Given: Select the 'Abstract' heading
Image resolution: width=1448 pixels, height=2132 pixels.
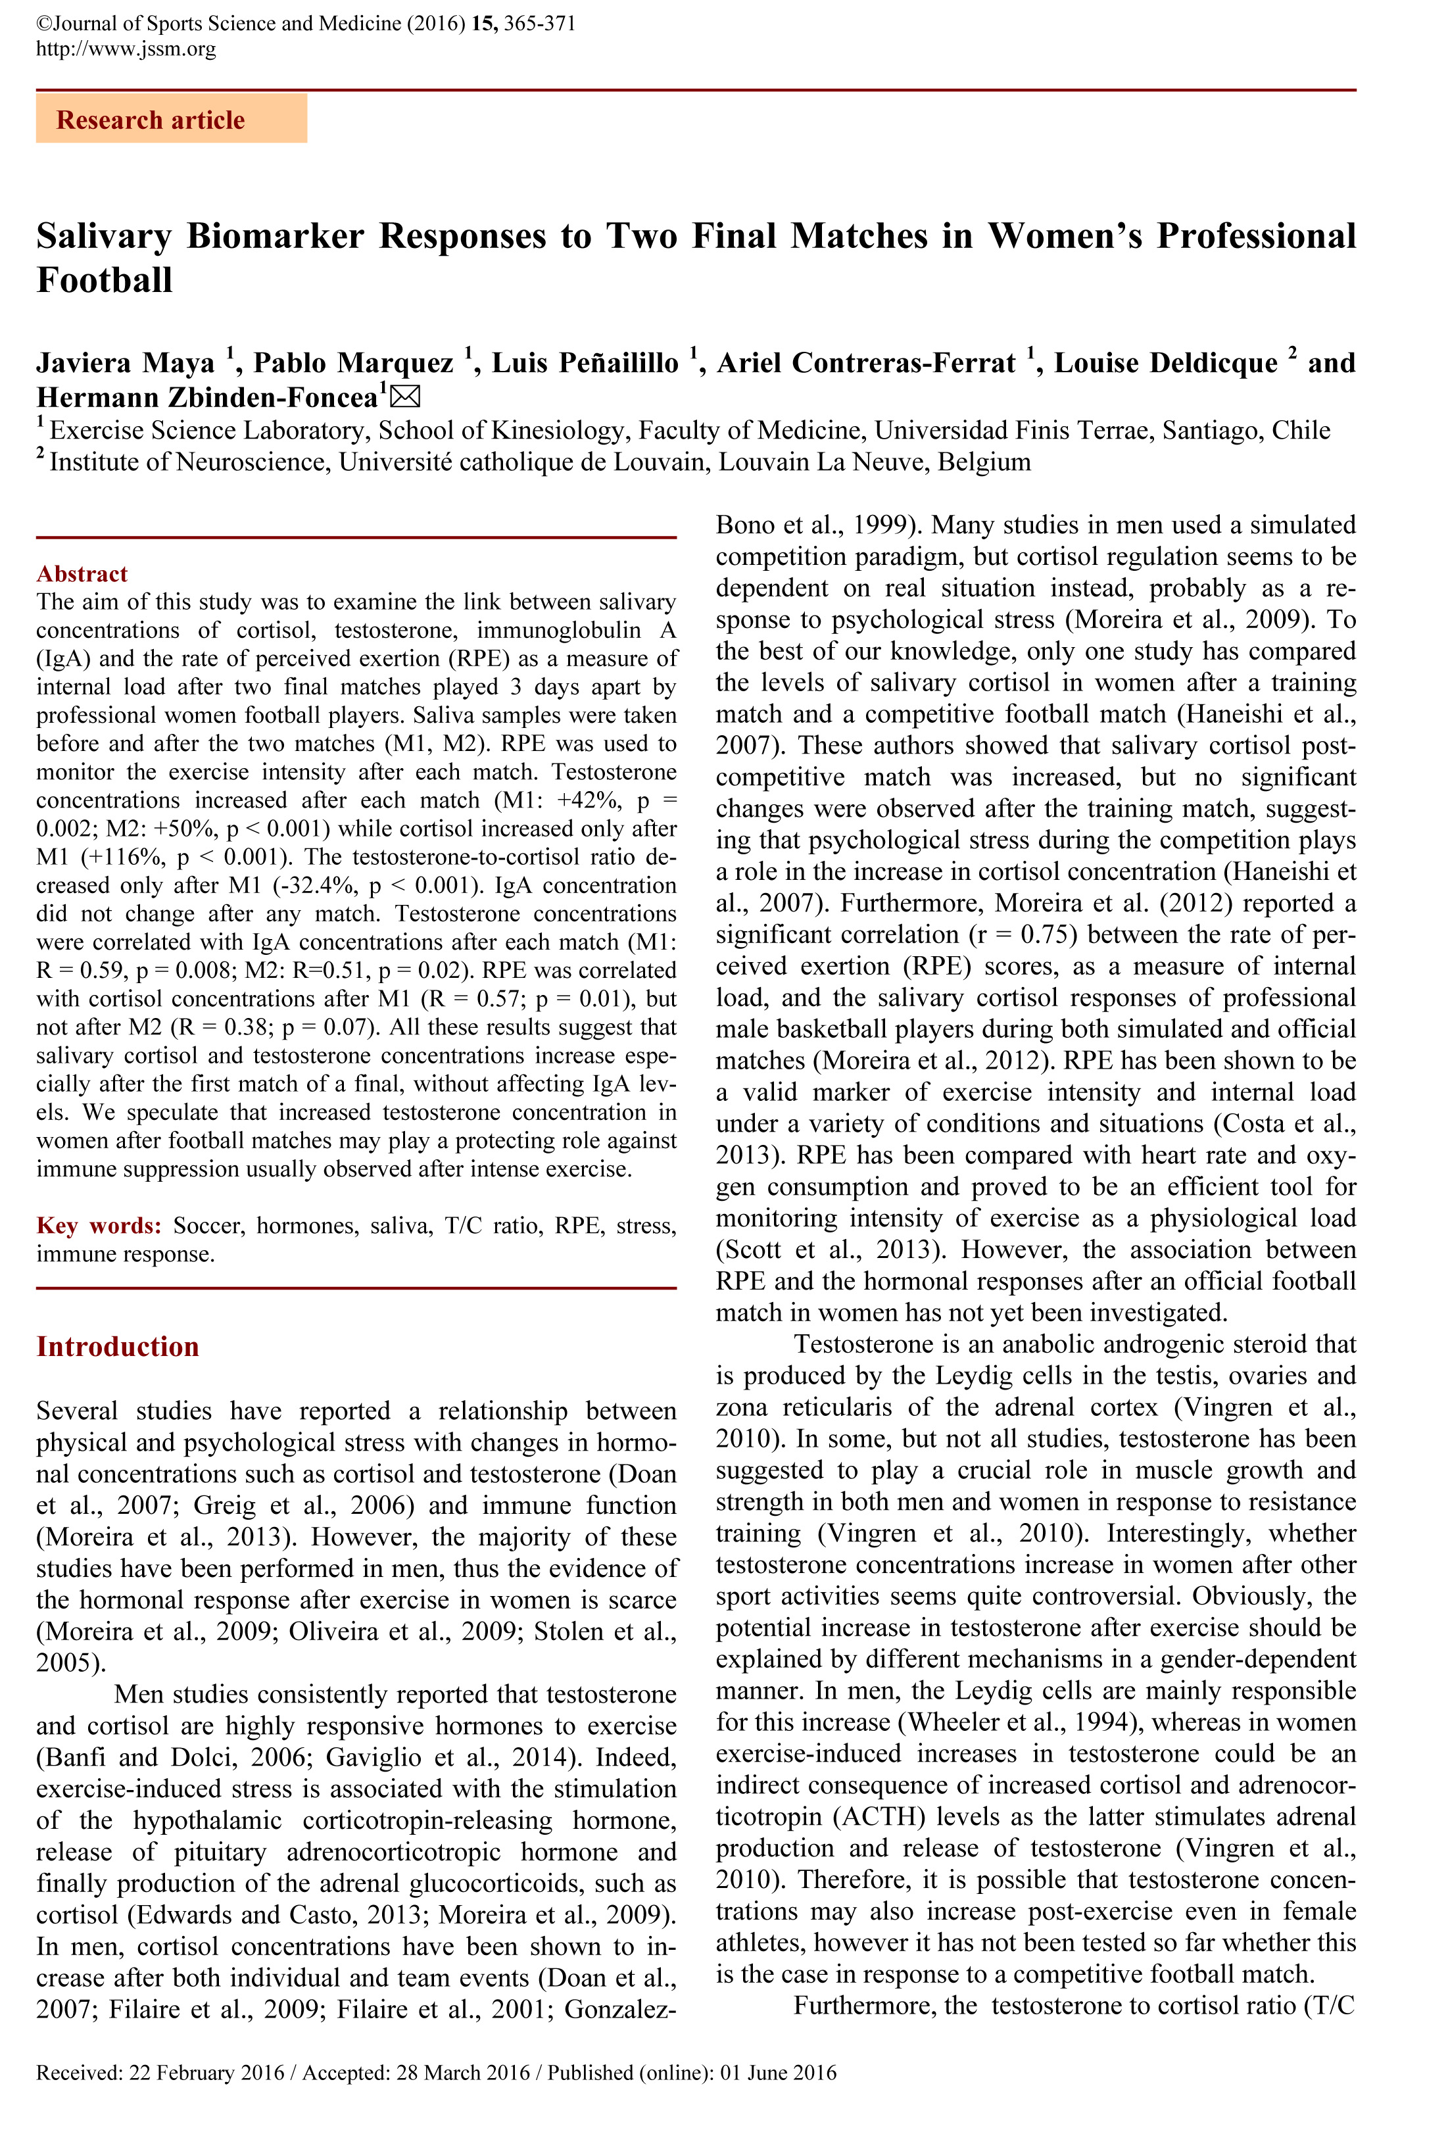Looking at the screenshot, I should (82, 573).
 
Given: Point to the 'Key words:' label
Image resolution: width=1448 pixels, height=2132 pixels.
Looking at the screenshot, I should (98, 1226).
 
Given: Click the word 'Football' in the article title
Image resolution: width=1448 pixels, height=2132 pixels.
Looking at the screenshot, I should (105, 279).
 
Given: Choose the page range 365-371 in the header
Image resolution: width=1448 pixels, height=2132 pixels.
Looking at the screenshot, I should (540, 24).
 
